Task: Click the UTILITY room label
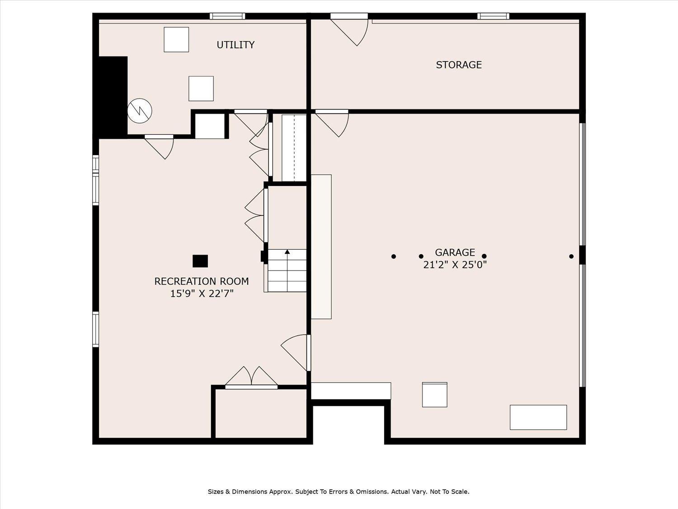coord(235,45)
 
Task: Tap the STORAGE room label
coord(459,65)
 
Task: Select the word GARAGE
coord(455,252)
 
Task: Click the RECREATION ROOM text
coord(202,281)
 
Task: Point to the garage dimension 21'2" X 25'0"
coord(455,265)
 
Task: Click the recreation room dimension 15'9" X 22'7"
coord(202,294)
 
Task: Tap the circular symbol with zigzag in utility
coord(140,111)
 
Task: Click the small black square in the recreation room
coord(200,261)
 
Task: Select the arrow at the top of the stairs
coord(287,252)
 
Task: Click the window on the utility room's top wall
coord(227,16)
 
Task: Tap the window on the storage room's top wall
coord(493,16)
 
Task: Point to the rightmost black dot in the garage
coord(571,257)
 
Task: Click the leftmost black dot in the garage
coord(394,257)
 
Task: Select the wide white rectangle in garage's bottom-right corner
coord(538,417)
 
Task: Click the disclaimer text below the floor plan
coord(339,491)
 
